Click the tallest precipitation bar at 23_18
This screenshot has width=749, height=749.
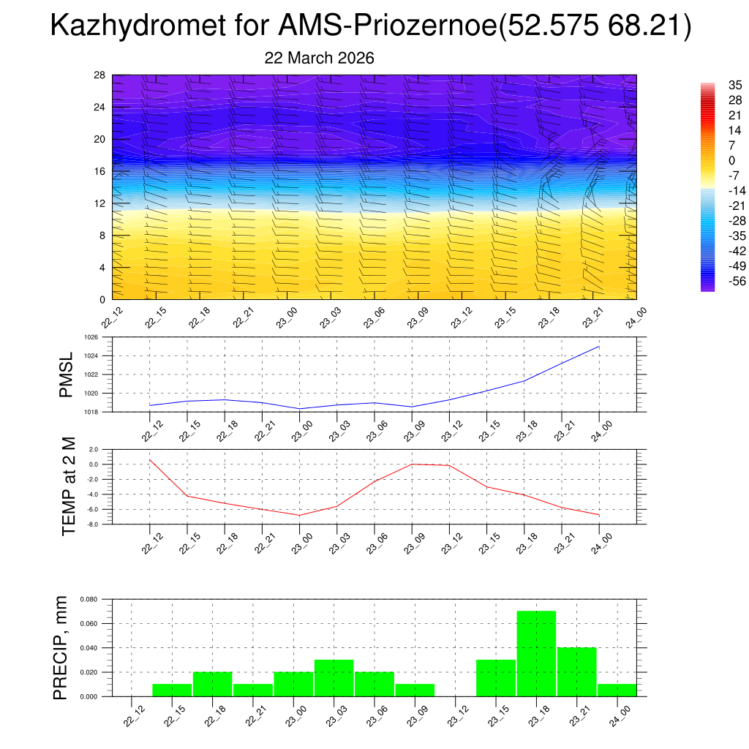[x=536, y=653]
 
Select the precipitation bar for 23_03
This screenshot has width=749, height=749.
[x=334, y=678]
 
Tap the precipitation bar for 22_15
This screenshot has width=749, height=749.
[x=172, y=690]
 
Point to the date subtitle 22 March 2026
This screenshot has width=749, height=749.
[x=319, y=58]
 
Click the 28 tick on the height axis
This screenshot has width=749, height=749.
[x=99, y=75]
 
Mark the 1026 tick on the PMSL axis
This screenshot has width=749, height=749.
[x=91, y=338]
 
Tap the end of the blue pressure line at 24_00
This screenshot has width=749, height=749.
[x=599, y=347]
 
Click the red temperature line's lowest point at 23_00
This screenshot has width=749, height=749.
[x=299, y=515]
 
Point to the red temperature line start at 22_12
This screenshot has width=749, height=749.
[x=150, y=460]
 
